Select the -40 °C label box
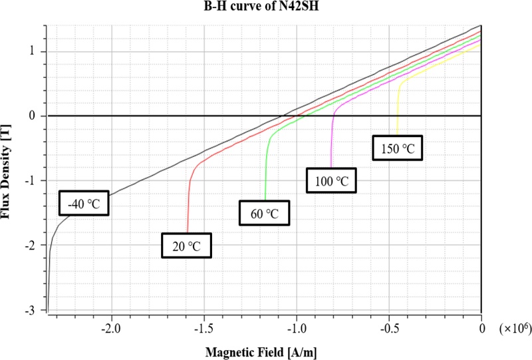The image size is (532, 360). coord(83,204)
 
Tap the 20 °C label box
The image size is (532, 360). coord(188,246)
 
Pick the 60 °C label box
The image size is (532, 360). coord(265,214)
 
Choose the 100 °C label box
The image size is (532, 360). coord(331,180)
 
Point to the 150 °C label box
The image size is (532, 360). coord(397,148)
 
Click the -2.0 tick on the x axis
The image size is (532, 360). coord(110,328)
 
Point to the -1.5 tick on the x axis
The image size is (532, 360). coord(203,328)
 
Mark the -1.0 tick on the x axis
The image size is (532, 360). coord(296,328)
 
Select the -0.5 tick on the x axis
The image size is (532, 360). coord(388,328)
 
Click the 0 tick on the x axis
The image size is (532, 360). coord(481,328)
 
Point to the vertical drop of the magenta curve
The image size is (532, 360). coord(331,143)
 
